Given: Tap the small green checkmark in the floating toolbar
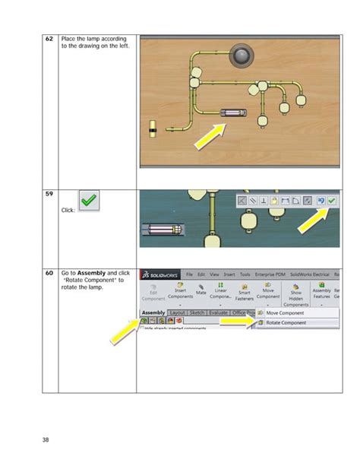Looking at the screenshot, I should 332,201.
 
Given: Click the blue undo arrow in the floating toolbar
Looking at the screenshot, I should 320,201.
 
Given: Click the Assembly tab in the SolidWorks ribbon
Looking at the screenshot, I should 153,312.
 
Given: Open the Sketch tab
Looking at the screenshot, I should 197,312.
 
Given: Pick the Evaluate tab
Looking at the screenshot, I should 219,312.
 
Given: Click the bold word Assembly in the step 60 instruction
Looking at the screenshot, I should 93,273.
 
